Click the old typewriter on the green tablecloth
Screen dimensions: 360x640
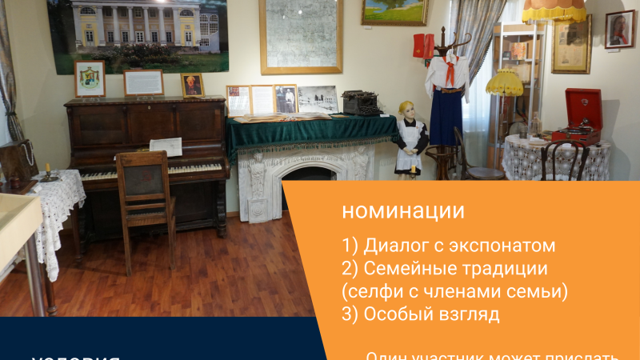coord(362,102)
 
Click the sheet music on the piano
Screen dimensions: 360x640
coord(166,147)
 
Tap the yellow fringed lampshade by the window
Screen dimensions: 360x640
coord(505,82)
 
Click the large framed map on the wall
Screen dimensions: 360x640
coord(301,35)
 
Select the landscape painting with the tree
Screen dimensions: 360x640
coord(395,11)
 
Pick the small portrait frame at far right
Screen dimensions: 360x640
coord(619,29)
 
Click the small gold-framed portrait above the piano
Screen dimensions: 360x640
coord(192,85)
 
